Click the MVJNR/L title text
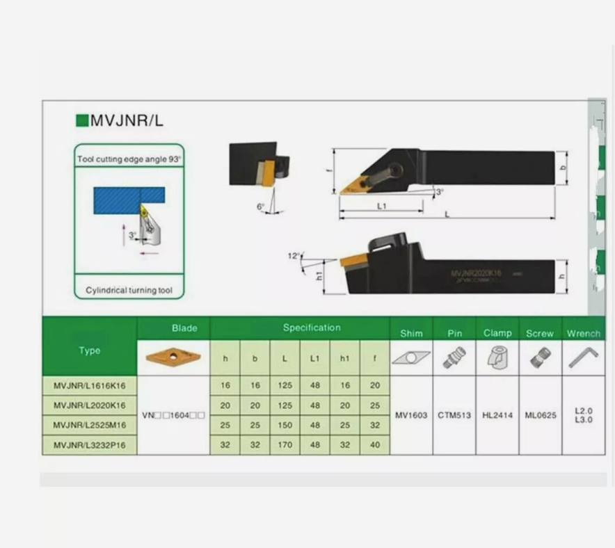[127, 120]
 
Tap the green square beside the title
[81, 120]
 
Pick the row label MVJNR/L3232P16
[90, 444]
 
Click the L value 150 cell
[285, 425]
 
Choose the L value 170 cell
[285, 444]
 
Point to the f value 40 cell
[375, 444]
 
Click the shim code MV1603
[411, 415]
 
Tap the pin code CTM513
[454, 415]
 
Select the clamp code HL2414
[497, 415]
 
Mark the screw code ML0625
[540, 415]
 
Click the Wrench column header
[583, 333]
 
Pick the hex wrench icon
[583, 357]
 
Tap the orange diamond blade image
[173, 357]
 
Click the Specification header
[312, 328]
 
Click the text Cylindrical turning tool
[129, 290]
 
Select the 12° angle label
[293, 256]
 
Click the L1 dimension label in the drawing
[382, 206]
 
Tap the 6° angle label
[260, 207]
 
